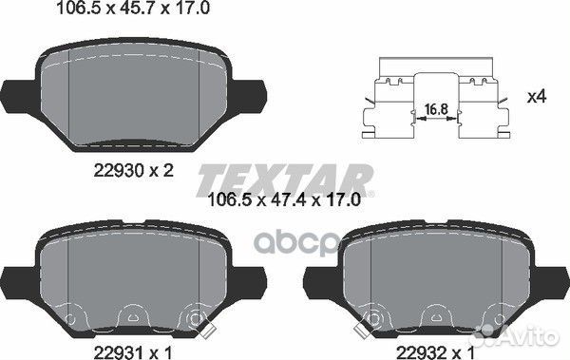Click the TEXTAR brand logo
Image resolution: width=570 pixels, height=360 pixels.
pyautogui.click(x=285, y=180)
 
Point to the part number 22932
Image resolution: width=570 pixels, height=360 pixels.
pyautogui.click(x=422, y=352)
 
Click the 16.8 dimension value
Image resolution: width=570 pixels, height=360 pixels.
pyautogui.click(x=436, y=109)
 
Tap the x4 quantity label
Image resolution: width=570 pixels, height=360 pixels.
pyautogui.click(x=537, y=97)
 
